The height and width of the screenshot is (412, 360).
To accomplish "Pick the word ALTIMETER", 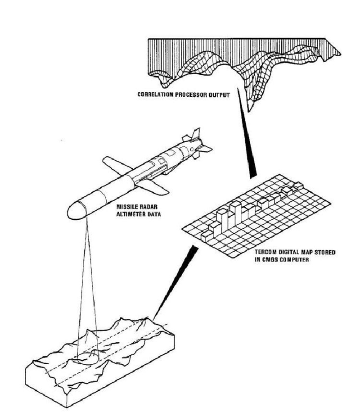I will click(x=132, y=214).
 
